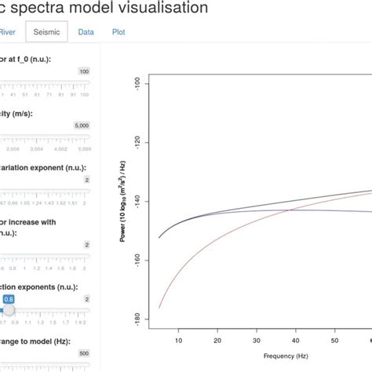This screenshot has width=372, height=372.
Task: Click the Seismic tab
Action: click(46, 32)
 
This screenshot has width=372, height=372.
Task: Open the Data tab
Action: click(86, 32)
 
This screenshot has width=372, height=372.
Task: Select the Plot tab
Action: click(118, 32)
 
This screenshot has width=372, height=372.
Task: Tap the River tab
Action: click(7, 32)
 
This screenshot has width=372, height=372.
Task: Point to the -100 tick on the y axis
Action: click(138, 82)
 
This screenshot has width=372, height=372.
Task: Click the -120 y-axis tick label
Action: click(138, 142)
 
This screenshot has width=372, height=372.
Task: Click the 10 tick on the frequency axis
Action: click(178, 341)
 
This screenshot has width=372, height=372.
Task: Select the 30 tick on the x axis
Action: click(257, 341)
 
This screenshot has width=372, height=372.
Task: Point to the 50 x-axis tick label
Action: click(335, 341)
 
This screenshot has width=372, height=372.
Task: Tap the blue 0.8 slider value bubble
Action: click(9, 299)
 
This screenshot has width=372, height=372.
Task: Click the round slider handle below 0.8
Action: click(9, 310)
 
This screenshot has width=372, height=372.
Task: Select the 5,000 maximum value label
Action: click(82, 125)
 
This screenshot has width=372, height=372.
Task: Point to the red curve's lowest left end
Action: click(159, 308)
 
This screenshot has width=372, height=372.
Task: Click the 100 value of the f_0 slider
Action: click(84, 71)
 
